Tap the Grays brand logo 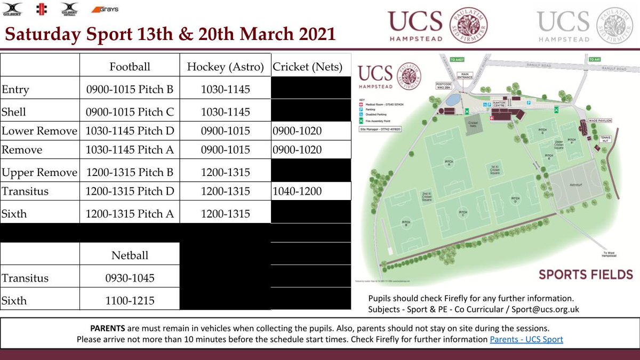tap(105, 9)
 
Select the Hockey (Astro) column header tap(225, 67)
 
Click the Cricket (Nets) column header tap(308, 67)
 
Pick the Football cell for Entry tap(130, 90)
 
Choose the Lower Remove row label tap(39, 131)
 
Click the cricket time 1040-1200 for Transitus tap(297, 191)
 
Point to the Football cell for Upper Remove tap(130, 173)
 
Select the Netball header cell tap(130, 255)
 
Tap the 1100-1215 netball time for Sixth tap(130, 301)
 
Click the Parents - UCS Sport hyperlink tap(526, 339)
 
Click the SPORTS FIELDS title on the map tap(586, 275)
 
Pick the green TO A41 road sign tap(595, 60)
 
